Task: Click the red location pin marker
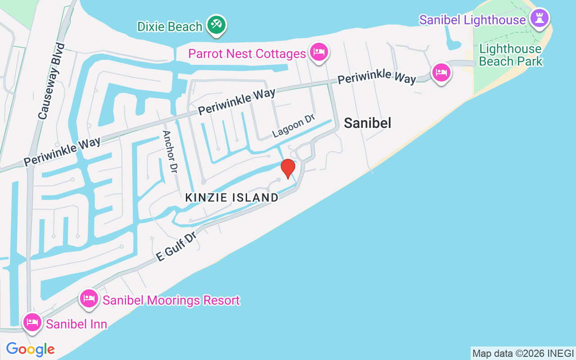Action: point(288,168)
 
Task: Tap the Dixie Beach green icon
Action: point(216,25)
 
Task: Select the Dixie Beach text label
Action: point(170,27)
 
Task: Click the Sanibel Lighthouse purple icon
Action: point(539,18)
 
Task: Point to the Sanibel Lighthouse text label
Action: point(472,20)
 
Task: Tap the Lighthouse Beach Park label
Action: point(511,55)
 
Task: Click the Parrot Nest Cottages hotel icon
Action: point(319,52)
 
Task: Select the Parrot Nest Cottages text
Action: point(247,54)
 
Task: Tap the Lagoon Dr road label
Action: point(294,126)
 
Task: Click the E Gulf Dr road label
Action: point(176,247)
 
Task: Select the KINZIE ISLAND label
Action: point(232,198)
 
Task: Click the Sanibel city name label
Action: point(368,123)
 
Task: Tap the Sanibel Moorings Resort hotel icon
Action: point(89,298)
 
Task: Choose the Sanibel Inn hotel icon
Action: point(32,322)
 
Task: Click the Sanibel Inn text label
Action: point(76,324)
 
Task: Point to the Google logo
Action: point(30,349)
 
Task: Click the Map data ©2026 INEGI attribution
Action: point(523,353)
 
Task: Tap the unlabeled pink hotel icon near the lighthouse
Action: point(441,72)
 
